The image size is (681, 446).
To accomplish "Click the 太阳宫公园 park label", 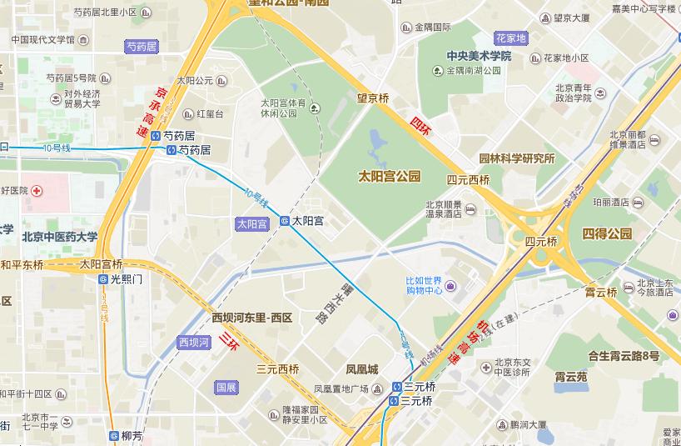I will click(x=389, y=177).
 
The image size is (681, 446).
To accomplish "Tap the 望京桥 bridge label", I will click(x=373, y=98).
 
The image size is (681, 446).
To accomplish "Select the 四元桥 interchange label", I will click(x=540, y=241).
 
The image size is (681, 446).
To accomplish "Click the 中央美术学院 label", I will click(x=479, y=56).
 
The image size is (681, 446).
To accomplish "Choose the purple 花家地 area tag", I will click(x=510, y=38).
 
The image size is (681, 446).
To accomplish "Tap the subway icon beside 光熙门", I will click(x=103, y=279).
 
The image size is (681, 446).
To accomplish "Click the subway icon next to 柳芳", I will click(x=113, y=435).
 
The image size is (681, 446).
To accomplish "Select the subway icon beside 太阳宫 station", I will click(x=284, y=221).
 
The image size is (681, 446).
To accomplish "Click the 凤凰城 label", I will click(x=362, y=369).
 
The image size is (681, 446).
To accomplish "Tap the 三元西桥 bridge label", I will click(x=277, y=369).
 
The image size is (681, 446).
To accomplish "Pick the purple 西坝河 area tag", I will click(x=196, y=342).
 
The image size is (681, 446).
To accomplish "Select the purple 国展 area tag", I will click(x=226, y=388).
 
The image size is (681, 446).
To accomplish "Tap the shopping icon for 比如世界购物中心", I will click(x=450, y=287).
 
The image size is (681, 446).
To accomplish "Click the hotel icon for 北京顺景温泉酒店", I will click(x=470, y=208).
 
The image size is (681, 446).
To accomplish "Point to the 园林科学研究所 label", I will click(x=516, y=158).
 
